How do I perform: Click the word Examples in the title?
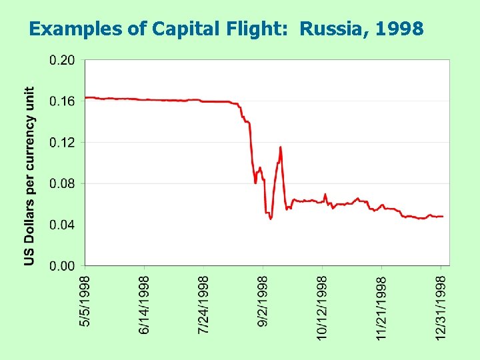pos(63,29)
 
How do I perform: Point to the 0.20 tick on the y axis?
pos(62,60)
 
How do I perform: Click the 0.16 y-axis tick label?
pos(62,101)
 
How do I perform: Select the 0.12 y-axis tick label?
pos(62,143)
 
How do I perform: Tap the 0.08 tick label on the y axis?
pos(62,183)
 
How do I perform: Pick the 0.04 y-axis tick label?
pos(62,225)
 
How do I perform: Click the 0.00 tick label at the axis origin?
pos(62,266)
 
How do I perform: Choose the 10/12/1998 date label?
pos(323,306)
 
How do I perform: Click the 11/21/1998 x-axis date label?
pos(382,306)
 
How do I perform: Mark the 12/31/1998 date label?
pos(441,306)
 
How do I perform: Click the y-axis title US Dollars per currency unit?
pos(30,176)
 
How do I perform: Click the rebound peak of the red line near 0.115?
pos(281,147)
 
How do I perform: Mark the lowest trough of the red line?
pos(271,218)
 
